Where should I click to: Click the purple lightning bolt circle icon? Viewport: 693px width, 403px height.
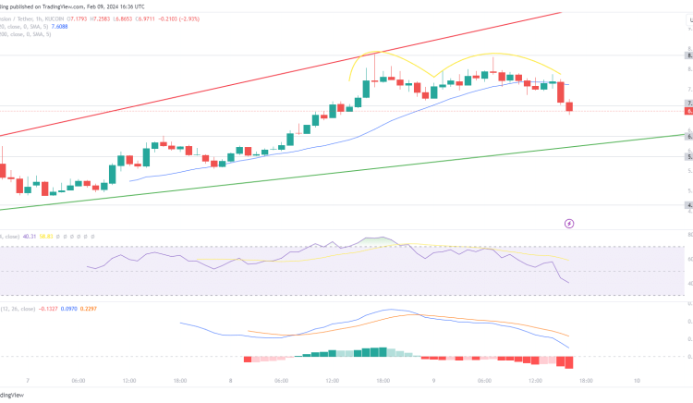pos(570,223)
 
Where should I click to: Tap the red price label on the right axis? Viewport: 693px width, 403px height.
pos(688,111)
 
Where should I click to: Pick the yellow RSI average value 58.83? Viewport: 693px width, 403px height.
pos(67,238)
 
